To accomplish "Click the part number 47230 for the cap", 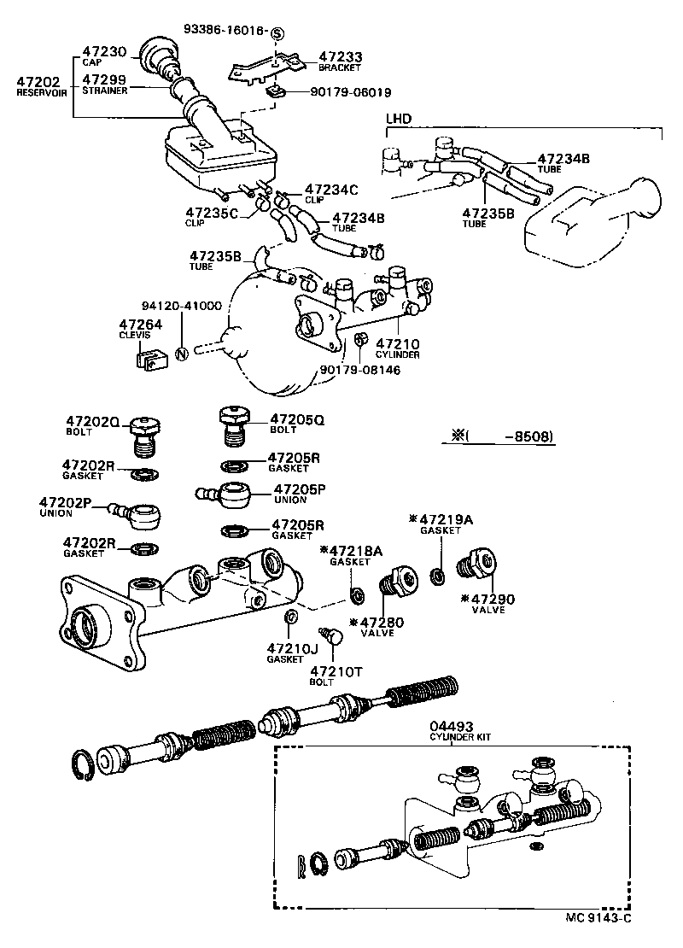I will coord(103,51).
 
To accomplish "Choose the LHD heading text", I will coord(397,118).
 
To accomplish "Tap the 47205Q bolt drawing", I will coord(231,424).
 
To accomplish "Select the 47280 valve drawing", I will coord(397,581).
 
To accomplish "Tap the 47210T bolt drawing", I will coord(331,635).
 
